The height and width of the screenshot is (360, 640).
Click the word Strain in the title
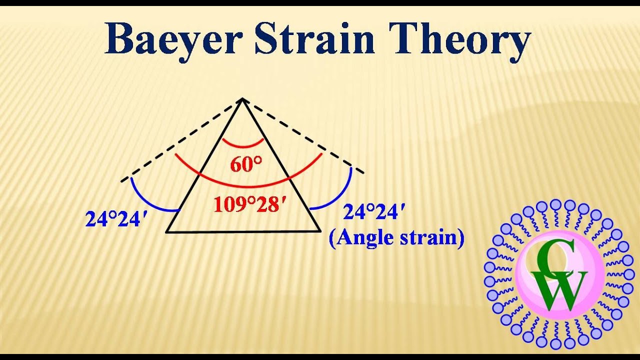coord(314,40)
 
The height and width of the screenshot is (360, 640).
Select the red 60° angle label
coord(246,164)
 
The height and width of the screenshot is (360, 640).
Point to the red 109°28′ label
coord(246,204)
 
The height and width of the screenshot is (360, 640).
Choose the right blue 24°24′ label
coord(373,213)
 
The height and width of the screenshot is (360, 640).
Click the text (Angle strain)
coord(396,237)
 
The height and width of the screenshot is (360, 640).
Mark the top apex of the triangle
coord(242,99)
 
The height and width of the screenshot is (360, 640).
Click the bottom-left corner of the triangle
coord(167,232)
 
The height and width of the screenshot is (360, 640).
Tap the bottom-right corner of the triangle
coord(320,231)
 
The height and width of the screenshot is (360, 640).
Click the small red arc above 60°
coord(243,146)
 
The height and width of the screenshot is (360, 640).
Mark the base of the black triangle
coord(243,231)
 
